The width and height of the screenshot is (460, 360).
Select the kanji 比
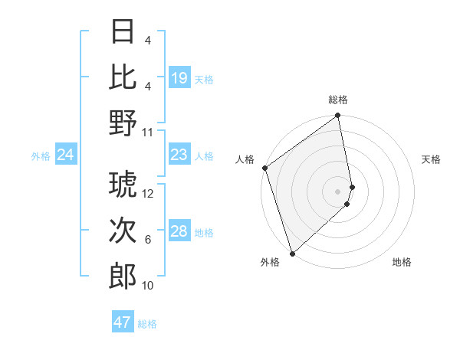coord(123,77)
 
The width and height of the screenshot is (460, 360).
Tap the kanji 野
coord(123,123)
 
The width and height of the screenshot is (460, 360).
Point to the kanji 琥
coord(123,185)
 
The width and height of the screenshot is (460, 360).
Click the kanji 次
coord(123,231)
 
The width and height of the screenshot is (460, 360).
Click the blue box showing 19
coord(179,78)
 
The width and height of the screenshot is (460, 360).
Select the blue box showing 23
coord(179,155)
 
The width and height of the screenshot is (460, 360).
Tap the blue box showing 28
coord(179,232)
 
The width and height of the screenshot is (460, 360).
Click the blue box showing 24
coord(65,155)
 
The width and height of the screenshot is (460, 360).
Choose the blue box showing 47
coord(123,322)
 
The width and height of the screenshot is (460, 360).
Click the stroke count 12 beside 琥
coord(149,194)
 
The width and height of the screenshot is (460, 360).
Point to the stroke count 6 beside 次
coord(148,240)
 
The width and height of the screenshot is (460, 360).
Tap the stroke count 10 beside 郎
coord(149,286)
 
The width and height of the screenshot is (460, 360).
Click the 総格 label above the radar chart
coord(338,100)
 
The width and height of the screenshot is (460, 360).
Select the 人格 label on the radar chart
coord(245,159)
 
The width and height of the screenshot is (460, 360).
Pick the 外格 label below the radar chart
coord(269,262)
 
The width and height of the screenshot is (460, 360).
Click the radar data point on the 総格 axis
coord(338,116)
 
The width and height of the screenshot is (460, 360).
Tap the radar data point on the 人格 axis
coord(264,168)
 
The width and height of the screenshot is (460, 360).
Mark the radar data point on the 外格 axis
coord(292,253)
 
